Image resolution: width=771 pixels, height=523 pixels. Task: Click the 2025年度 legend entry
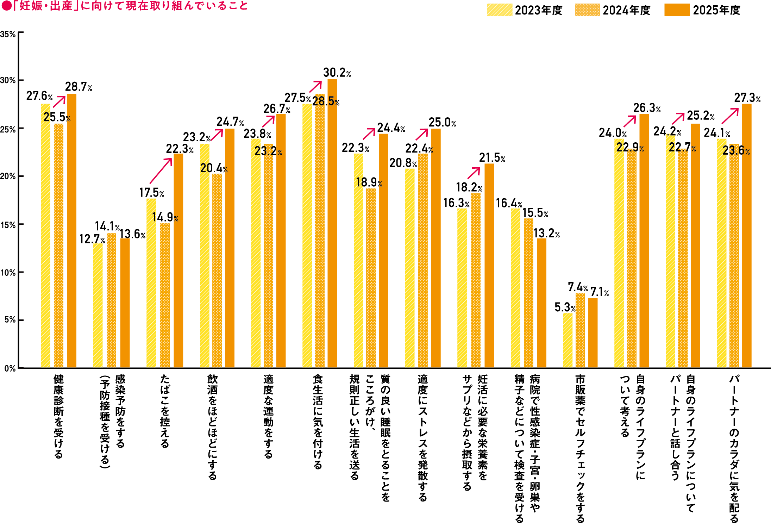click(x=702, y=10)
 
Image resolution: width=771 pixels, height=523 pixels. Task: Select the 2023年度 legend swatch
click(x=499, y=10)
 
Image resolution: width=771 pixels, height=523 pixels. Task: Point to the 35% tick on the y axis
click(x=8, y=34)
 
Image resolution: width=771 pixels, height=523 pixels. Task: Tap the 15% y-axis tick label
click(x=8, y=225)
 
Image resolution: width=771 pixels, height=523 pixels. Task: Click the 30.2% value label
click(x=337, y=73)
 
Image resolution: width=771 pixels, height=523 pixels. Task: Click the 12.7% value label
click(x=92, y=239)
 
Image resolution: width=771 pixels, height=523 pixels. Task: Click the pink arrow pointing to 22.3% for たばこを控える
click(x=161, y=171)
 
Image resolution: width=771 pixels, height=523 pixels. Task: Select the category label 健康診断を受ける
click(x=58, y=416)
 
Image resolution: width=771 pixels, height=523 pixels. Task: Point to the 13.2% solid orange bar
click(x=541, y=303)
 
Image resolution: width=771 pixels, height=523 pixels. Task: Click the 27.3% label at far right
click(x=747, y=98)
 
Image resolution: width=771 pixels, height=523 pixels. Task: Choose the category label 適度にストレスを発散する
click(x=422, y=437)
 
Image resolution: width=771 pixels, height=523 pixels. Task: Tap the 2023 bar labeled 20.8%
click(x=409, y=268)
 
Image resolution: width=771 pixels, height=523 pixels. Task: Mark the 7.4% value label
click(x=577, y=287)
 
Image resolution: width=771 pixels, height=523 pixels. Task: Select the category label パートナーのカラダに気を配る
click(x=734, y=448)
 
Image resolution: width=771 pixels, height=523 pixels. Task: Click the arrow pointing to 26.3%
click(x=630, y=121)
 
